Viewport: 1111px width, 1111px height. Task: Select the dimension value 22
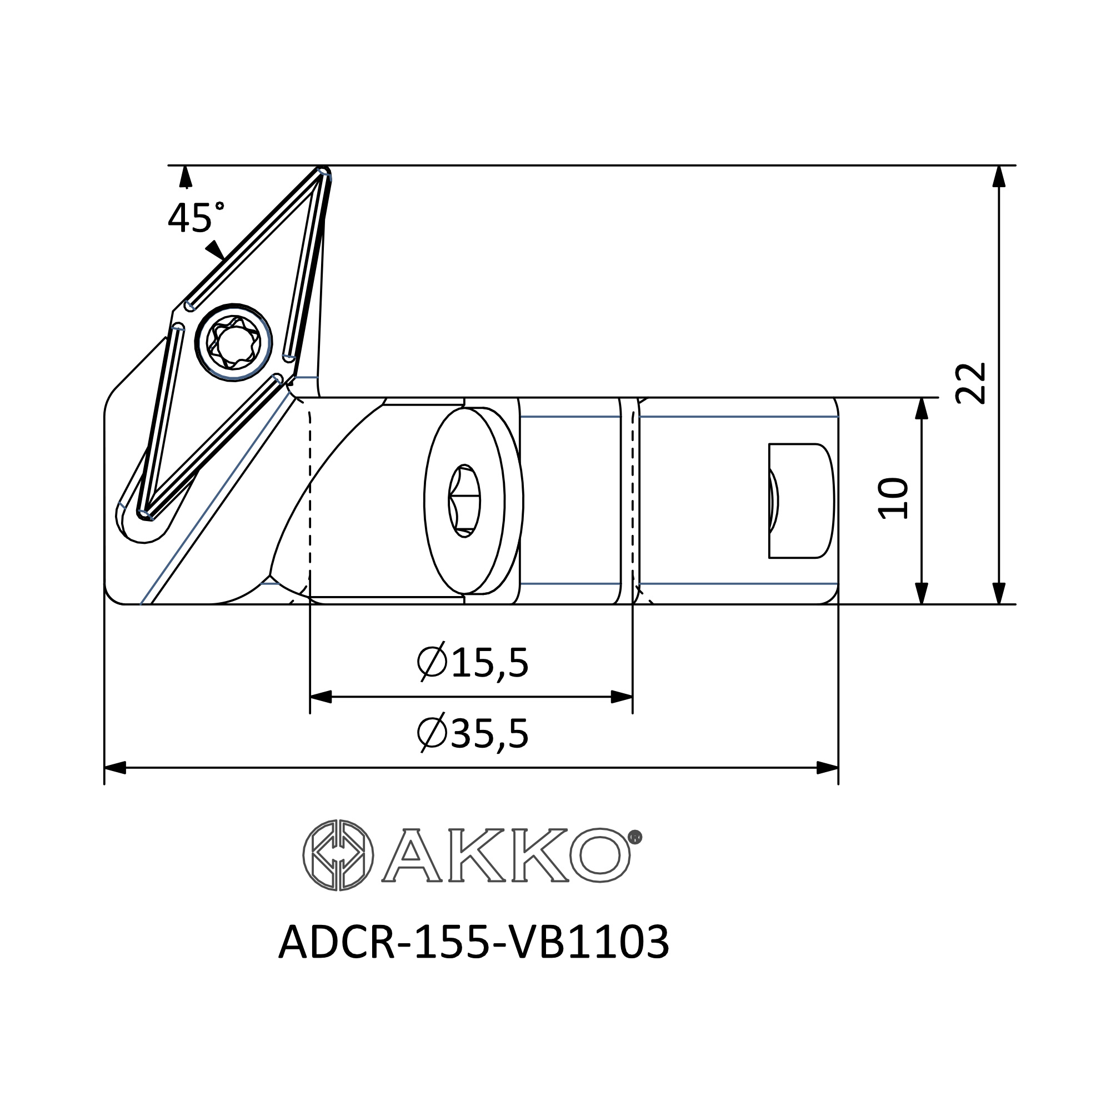[x=970, y=383]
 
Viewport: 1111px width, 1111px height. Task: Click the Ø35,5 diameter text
[x=472, y=733]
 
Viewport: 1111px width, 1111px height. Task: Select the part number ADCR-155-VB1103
[x=474, y=942]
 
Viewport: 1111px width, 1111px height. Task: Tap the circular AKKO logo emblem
[x=338, y=855]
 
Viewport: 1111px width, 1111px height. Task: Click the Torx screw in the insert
[x=233, y=342]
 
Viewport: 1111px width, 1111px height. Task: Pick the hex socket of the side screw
[x=464, y=501]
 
